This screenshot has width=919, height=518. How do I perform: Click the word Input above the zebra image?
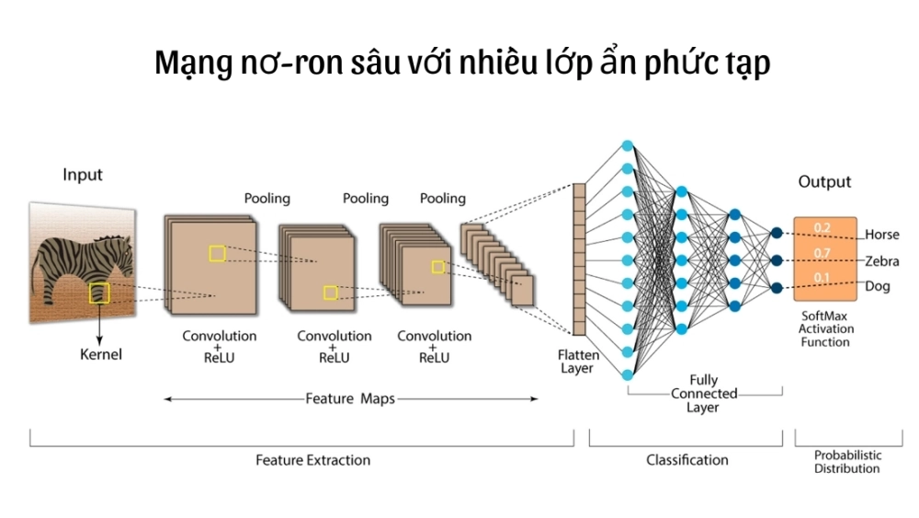coord(83,175)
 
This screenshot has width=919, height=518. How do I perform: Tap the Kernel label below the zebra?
coord(100,353)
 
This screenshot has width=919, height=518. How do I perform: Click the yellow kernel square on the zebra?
coord(99,294)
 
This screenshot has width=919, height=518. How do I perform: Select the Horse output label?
coord(881,235)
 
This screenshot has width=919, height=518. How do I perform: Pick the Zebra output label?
coord(881,261)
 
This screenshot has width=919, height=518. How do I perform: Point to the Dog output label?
coord(878,287)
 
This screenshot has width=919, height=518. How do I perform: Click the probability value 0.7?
coord(823,252)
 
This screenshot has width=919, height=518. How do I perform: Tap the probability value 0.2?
coord(823,227)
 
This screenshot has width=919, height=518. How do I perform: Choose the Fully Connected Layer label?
coord(703,393)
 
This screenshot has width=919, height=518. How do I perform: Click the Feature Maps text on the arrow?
coord(350,399)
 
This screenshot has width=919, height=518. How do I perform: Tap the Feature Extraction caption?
coord(312,460)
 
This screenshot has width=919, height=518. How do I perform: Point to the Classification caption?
coord(686,460)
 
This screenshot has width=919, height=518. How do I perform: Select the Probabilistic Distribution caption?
coord(846,462)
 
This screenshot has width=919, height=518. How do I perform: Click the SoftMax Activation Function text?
coord(824,328)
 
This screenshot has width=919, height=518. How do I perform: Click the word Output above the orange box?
coord(824,182)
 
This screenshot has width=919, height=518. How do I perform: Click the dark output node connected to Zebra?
coord(777,260)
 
